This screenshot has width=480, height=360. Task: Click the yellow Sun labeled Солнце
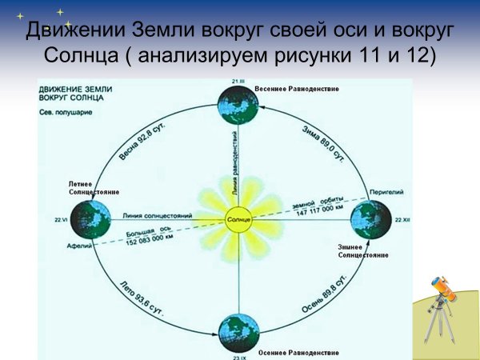point(238,218)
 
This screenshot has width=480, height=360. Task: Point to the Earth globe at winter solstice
point(370,218)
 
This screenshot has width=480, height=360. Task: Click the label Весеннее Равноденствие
point(297,88)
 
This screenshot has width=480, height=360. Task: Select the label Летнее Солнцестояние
point(93,189)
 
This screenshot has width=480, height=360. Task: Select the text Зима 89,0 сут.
point(322,142)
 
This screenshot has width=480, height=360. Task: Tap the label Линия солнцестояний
point(157,215)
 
